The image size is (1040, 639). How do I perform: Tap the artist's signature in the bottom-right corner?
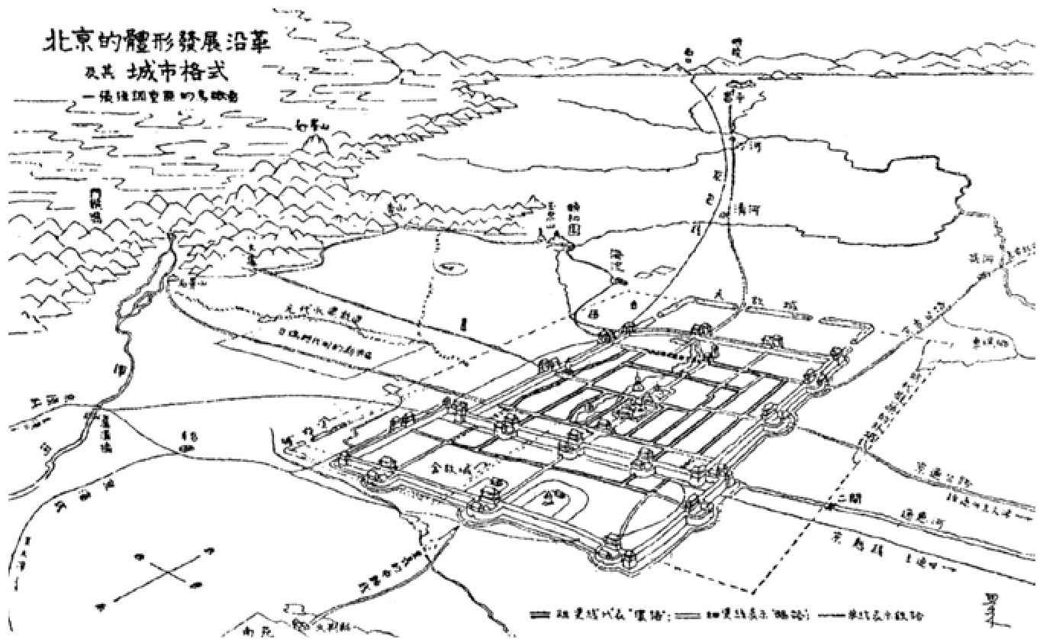(993, 608)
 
